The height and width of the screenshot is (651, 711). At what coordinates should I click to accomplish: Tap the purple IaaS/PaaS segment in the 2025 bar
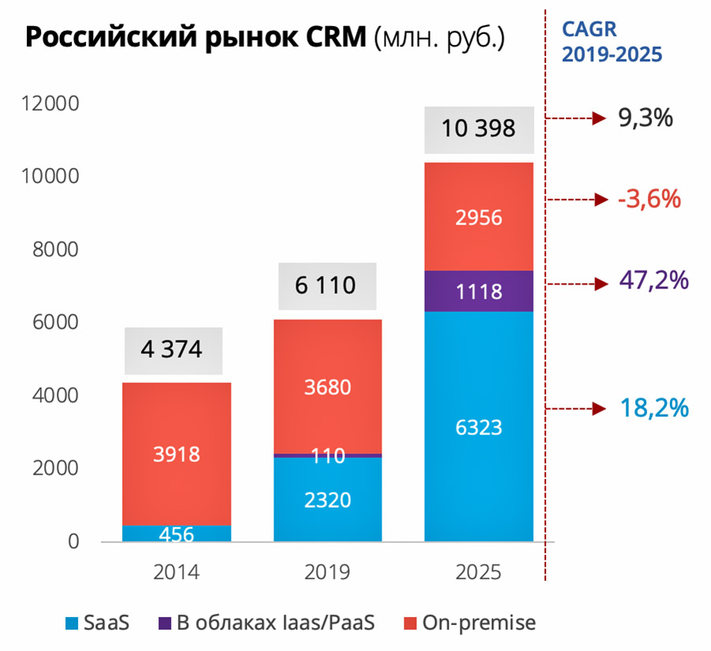(478, 292)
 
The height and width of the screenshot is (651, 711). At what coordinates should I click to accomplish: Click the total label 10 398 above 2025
(478, 128)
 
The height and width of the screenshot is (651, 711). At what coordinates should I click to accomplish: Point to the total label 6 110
(326, 285)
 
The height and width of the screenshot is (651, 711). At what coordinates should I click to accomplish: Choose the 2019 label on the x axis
(327, 571)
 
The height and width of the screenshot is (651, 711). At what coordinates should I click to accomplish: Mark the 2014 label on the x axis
(177, 571)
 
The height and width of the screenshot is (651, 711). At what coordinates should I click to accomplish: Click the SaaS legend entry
(98, 623)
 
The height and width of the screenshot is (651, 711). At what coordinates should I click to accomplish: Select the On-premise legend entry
(468, 623)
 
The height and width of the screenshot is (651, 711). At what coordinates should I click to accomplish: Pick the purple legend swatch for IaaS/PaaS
(164, 623)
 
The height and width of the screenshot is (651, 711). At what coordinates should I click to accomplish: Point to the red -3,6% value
(650, 199)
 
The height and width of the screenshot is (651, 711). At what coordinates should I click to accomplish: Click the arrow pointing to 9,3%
(575, 119)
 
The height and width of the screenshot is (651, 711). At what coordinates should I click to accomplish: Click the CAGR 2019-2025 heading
(611, 41)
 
